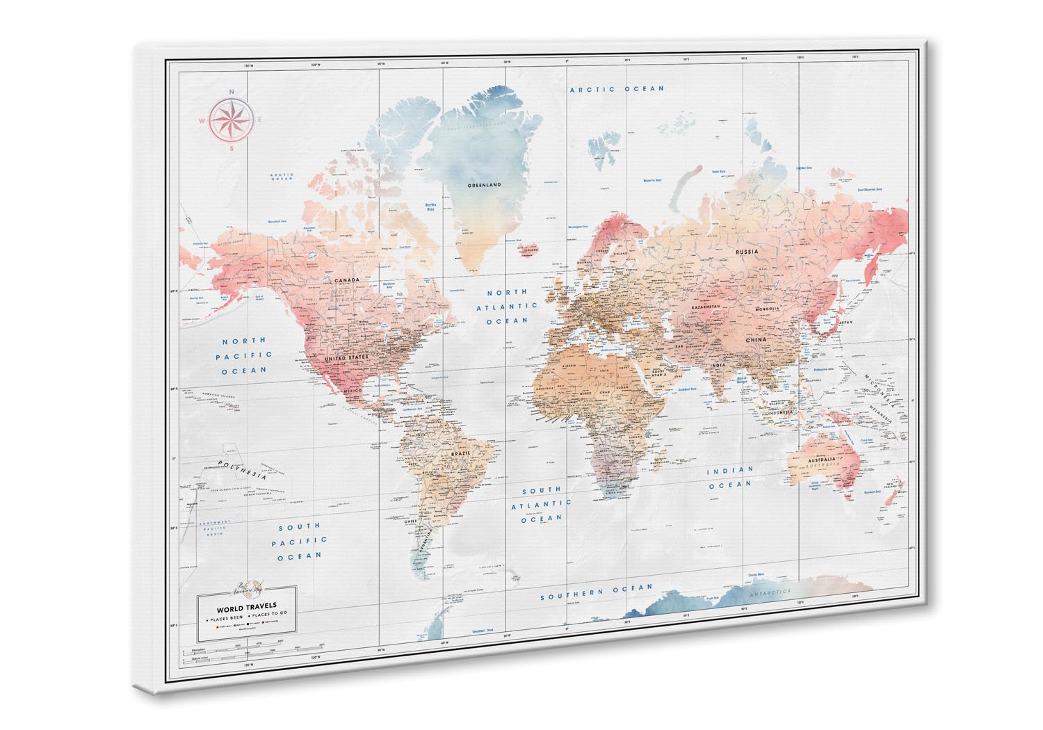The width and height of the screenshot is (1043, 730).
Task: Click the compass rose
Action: pyautogui.click(x=232, y=118)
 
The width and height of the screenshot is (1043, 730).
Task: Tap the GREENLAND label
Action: pyautogui.click(x=484, y=186)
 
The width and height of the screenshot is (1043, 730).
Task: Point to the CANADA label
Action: pyautogui.click(x=346, y=281)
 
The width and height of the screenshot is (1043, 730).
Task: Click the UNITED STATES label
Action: pyautogui.click(x=346, y=357)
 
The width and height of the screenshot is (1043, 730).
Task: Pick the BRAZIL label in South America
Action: pyautogui.click(x=461, y=453)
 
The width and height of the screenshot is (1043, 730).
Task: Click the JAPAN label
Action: pyautogui.click(x=845, y=323)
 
